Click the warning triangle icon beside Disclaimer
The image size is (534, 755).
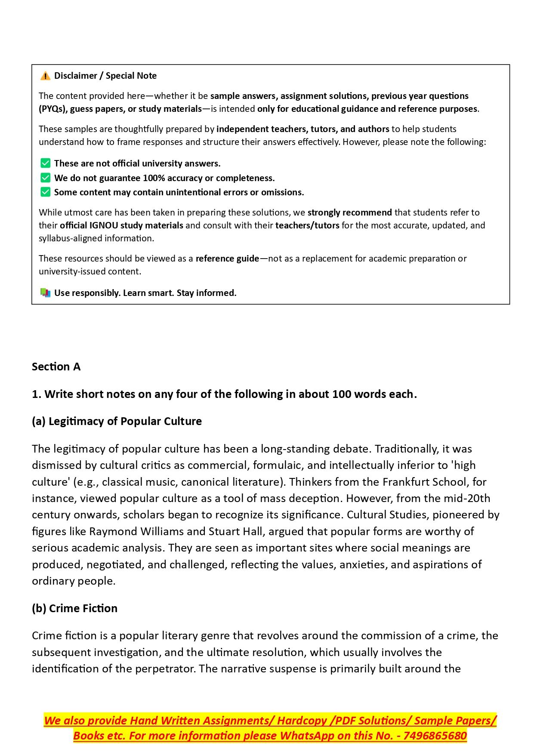[x=45, y=76]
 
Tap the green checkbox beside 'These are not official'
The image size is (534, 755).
[x=45, y=163]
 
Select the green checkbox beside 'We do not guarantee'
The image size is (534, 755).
[x=45, y=178]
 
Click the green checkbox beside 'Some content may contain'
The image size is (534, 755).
[x=45, y=192]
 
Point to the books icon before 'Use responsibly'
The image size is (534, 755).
[x=45, y=293]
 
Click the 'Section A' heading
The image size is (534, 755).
[x=56, y=367]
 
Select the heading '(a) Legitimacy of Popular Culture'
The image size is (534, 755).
[x=117, y=421]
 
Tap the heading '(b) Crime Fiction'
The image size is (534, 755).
[x=74, y=608]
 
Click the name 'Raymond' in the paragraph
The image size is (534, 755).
[x=113, y=531]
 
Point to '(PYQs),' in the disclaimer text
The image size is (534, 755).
[x=53, y=109]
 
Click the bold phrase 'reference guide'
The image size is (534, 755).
[x=227, y=259]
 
